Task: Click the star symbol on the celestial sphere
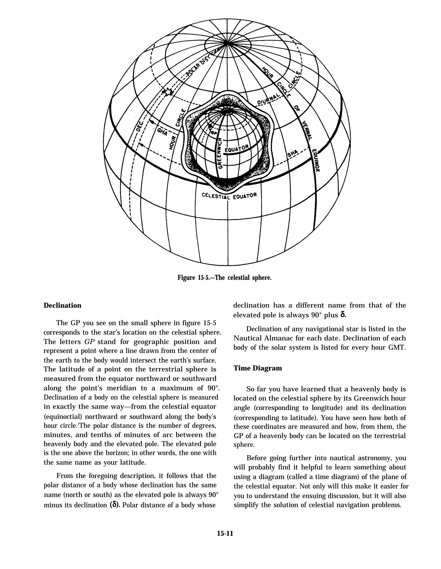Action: tap(167, 92)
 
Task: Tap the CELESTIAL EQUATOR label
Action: tap(229, 196)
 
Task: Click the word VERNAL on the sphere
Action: tap(306, 130)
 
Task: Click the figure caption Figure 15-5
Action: tap(224, 278)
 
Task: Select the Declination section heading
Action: tap(62, 305)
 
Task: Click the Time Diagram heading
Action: tap(258, 368)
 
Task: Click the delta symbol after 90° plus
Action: tap(343, 315)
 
